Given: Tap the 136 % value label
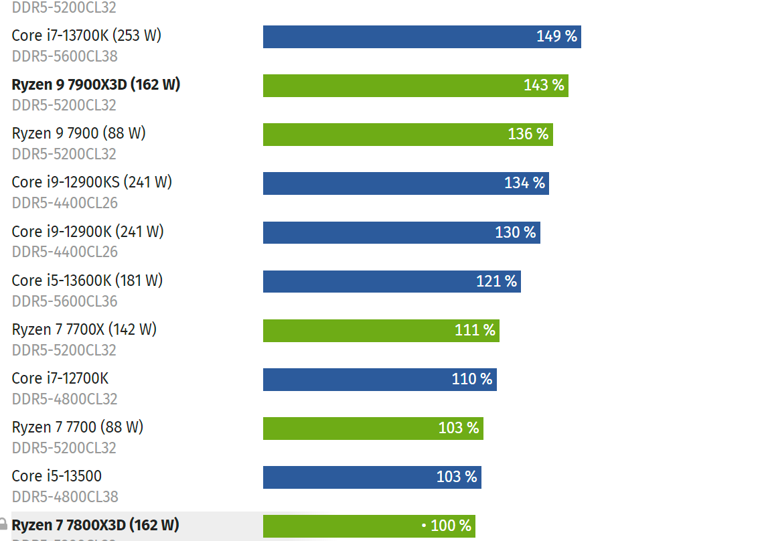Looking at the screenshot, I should (528, 134).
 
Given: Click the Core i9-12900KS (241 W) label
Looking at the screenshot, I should (92, 182).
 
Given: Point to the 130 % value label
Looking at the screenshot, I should (515, 232).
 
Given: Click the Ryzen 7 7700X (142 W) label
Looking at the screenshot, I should (84, 329).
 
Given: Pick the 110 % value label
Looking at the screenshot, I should (471, 379).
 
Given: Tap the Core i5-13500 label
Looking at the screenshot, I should (57, 476).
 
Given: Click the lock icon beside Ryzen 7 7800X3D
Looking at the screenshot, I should (3, 524).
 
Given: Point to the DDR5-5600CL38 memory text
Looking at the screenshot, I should (64, 56).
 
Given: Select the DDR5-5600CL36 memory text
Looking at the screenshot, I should (64, 301).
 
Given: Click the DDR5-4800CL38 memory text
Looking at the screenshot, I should (64, 497).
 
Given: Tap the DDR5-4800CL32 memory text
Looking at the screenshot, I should (64, 399).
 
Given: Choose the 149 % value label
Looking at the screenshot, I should (556, 36).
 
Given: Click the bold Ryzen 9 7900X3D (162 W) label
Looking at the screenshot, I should (96, 85).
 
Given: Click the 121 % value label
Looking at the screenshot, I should (496, 281).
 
